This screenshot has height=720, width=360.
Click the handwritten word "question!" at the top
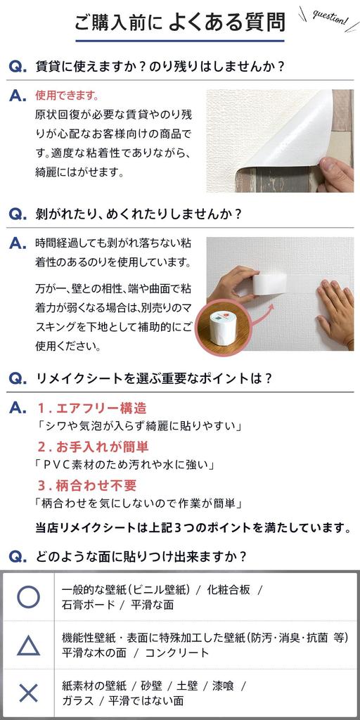[330, 18]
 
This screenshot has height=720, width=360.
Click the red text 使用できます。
[67, 96]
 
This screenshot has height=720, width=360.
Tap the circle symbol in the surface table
[28, 597]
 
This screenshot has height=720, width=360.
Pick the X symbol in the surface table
[28, 693]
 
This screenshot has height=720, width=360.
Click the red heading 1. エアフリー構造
[92, 408]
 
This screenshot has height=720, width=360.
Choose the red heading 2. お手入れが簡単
[93, 446]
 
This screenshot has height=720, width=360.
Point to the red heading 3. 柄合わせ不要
[86, 486]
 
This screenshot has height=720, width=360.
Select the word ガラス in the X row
[77, 701]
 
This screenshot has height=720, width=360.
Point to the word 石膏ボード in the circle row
[88, 604]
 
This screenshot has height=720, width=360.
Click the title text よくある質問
[227, 22]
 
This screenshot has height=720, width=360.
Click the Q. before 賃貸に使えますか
[18, 67]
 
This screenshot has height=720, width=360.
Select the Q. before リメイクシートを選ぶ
[18, 379]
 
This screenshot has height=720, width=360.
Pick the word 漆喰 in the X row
[223, 686]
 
